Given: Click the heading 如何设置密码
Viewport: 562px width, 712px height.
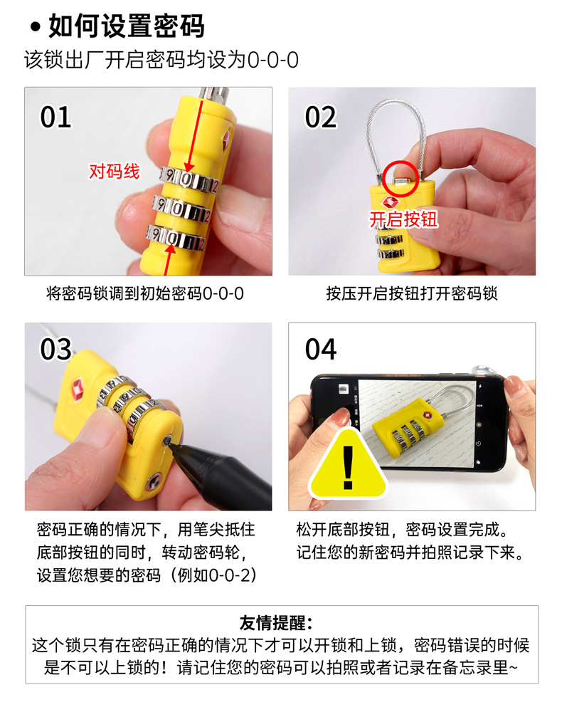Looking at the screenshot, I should (x=126, y=26).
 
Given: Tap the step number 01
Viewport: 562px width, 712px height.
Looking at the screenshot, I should (x=55, y=117).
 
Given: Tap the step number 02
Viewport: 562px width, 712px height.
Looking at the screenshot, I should (x=320, y=117).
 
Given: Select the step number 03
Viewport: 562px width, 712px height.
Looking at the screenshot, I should (x=55, y=350).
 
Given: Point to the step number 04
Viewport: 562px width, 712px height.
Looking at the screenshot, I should (x=320, y=350).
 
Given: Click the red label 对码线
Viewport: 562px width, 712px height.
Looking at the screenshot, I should (x=114, y=171).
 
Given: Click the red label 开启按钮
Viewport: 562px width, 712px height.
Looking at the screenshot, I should (x=403, y=219).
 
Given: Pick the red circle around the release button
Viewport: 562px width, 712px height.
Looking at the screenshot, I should (x=400, y=179).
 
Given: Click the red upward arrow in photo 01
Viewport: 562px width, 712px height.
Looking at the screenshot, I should (x=169, y=258).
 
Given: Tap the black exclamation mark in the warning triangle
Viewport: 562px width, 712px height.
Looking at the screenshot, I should (x=348, y=466).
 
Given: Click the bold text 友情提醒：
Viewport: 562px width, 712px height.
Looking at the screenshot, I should (x=280, y=623).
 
